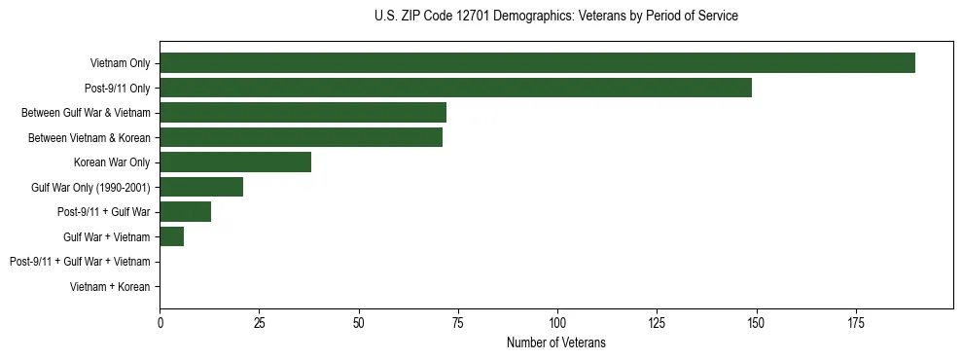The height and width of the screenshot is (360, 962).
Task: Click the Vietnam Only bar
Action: tap(537, 63)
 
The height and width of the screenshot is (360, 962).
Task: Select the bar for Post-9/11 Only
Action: tap(455, 88)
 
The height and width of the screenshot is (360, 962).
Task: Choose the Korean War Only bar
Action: tap(235, 162)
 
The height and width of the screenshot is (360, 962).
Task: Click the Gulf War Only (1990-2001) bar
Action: tap(201, 187)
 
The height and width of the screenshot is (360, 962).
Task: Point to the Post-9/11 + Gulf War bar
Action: tap(185, 212)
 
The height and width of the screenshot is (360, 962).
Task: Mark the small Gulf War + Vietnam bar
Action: tap(171, 236)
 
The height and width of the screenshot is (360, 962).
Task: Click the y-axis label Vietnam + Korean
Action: tap(110, 287)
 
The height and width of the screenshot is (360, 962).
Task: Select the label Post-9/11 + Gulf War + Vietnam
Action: tap(80, 262)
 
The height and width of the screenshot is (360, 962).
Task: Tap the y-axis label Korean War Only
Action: tap(112, 162)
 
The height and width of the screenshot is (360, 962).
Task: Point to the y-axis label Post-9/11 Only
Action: tap(117, 89)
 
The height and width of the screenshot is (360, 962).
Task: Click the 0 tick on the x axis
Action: tap(160, 322)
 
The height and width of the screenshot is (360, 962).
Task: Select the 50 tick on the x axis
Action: tap(359, 322)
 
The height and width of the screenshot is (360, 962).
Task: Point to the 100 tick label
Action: tap(557, 322)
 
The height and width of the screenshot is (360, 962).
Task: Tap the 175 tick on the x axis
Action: tap(856, 322)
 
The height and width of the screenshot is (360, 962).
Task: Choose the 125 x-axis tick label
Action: tap(657, 322)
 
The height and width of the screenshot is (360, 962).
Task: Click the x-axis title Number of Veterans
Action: tap(555, 342)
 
